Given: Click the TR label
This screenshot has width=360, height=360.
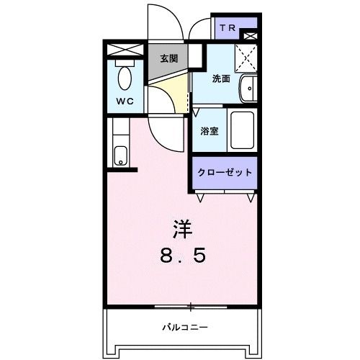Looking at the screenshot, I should [x=228, y=28].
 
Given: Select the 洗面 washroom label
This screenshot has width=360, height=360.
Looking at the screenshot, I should [x=220, y=79].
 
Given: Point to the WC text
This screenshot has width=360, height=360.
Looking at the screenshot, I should [x=125, y=102].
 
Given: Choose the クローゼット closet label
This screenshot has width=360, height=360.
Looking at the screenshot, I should [x=225, y=173].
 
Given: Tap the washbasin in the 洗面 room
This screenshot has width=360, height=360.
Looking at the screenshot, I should [x=247, y=88].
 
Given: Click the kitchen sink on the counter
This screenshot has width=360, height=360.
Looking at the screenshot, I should [x=120, y=155].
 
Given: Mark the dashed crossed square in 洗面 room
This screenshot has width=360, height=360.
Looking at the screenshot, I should [x=247, y=55].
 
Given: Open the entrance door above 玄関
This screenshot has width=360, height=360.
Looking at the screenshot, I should [x=164, y=22].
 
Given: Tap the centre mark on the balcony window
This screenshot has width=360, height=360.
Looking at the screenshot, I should [x=191, y=307].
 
